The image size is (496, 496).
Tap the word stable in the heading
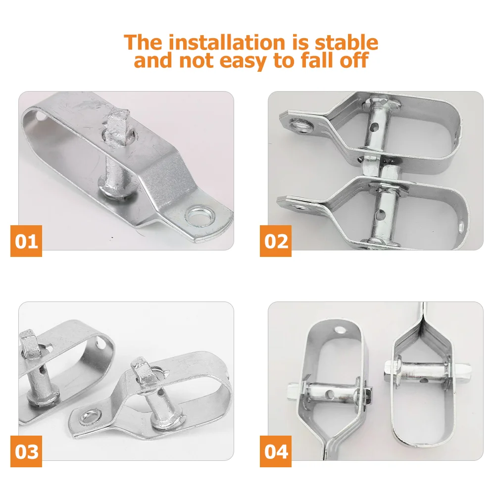[x=343, y=43]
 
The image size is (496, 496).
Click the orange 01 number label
[x=26, y=241]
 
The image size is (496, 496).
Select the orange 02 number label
[x=276, y=241]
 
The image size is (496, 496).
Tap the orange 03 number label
[x=26, y=451]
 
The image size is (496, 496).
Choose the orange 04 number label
[x=276, y=451]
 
